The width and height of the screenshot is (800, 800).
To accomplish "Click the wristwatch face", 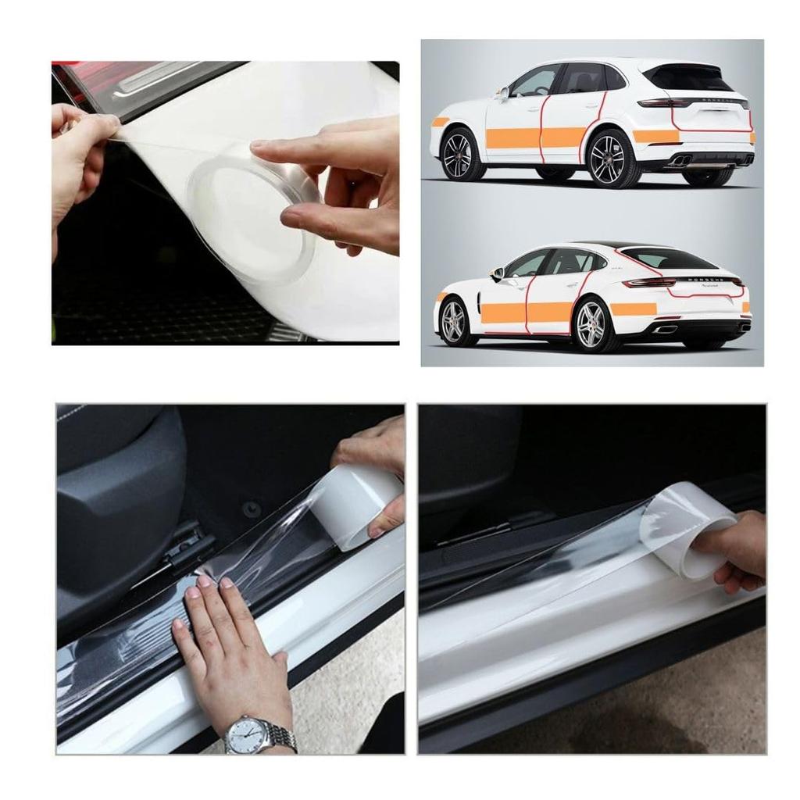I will tap(248, 735).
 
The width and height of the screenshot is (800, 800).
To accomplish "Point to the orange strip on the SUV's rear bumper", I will tap(655, 137).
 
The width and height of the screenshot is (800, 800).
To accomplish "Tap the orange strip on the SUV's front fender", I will tap(441, 122).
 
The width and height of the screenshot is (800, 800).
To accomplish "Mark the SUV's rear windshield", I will tap(687, 77).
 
